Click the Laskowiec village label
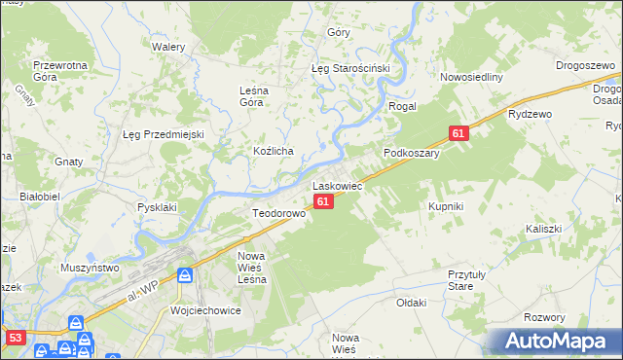click(337, 184)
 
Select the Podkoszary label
click(412, 153)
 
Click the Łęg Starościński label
click(350, 69)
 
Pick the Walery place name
click(168, 46)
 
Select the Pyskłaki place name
click(157, 207)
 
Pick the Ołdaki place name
click(412, 303)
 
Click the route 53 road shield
click(15, 338)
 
